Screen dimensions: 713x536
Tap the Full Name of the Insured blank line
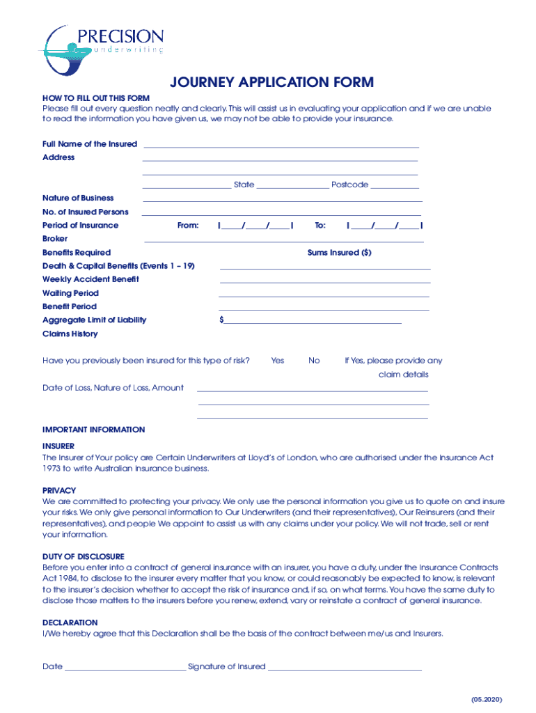[281, 146]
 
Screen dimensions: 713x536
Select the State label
[244, 185]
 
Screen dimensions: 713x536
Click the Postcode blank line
[395, 187]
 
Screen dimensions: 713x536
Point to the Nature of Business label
[78, 198]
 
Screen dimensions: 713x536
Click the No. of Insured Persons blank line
[281, 213]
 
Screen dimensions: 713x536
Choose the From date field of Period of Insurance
[255, 226]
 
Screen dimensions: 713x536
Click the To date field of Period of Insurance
[384, 226]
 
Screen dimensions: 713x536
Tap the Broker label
[55, 239]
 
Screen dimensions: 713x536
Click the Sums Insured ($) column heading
[339, 253]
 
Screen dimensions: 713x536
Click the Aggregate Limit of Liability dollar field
[310, 321]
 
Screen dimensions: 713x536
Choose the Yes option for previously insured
[278, 361]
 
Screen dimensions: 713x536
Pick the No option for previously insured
[314, 361]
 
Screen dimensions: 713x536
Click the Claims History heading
[70, 334]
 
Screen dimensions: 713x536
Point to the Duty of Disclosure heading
[84, 557]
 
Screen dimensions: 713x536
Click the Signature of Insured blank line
[345, 668]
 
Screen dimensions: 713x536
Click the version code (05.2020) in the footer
[486, 699]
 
